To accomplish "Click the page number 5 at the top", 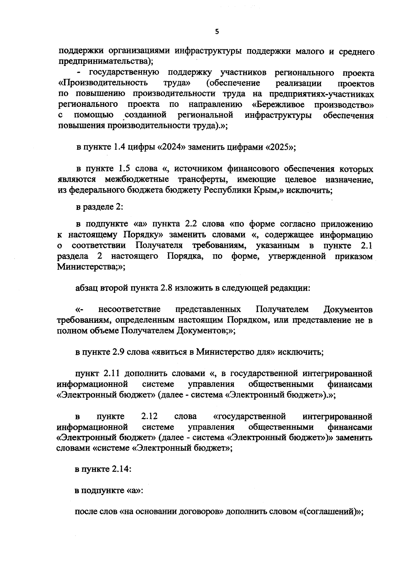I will coord(216,32).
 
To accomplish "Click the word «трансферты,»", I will coord(201,180).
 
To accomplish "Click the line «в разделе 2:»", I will coord(99,207).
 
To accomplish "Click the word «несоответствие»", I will coord(129,309).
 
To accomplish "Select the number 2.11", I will coord(111,373).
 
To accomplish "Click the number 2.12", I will coord(149,417).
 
